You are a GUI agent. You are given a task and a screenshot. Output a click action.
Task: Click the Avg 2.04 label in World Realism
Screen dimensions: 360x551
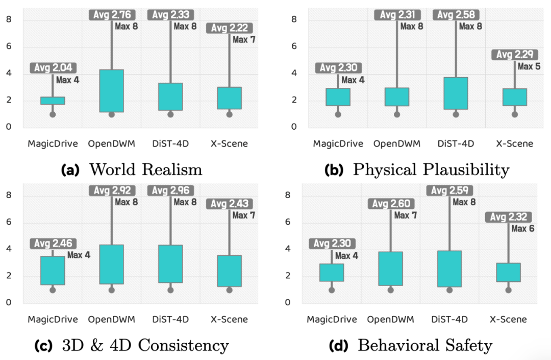(53, 67)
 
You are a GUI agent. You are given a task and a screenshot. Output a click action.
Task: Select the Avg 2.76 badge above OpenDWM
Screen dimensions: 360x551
(112, 14)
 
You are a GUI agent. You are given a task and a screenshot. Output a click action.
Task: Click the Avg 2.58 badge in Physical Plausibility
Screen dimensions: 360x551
(456, 15)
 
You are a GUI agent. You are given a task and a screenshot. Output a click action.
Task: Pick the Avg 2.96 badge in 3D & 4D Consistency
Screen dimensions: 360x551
(170, 190)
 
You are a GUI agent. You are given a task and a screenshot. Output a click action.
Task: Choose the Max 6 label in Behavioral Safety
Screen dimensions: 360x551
(523, 229)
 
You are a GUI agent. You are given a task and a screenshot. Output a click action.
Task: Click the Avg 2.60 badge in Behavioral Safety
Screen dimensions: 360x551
(391, 204)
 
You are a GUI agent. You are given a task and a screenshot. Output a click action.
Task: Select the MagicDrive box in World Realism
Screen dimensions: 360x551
(53, 101)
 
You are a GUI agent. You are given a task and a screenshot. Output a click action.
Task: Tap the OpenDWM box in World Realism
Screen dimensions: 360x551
(112, 91)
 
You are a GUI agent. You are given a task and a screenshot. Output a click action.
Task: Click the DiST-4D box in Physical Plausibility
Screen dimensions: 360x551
(456, 93)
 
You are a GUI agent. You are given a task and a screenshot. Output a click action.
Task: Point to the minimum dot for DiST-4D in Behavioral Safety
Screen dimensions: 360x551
(449, 290)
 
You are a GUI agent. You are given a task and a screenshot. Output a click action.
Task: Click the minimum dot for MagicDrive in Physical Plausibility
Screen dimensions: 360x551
(338, 114)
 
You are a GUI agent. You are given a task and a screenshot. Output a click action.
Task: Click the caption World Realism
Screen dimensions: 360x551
(145, 170)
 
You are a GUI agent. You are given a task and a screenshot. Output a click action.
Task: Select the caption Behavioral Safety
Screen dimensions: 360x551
(425, 345)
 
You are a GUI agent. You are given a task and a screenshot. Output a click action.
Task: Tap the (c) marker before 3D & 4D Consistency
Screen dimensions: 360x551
(43, 346)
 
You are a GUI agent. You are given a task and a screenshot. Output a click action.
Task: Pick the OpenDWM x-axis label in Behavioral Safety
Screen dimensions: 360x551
(390, 320)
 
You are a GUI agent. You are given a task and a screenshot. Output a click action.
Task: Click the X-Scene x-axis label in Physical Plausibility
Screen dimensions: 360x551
(514, 143)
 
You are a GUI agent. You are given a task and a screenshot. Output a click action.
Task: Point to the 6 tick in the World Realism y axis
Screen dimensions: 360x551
(9, 47)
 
